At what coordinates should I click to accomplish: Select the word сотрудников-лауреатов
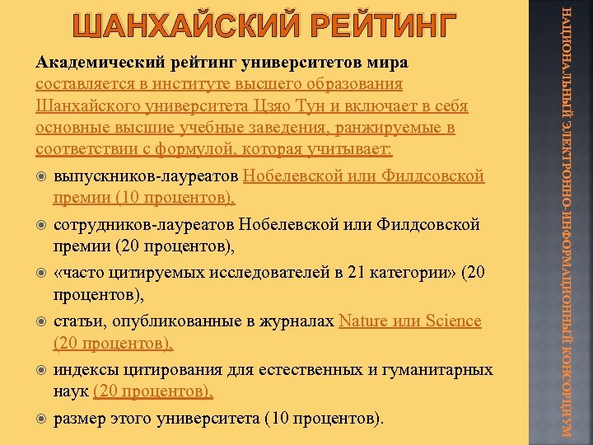[145, 225]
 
